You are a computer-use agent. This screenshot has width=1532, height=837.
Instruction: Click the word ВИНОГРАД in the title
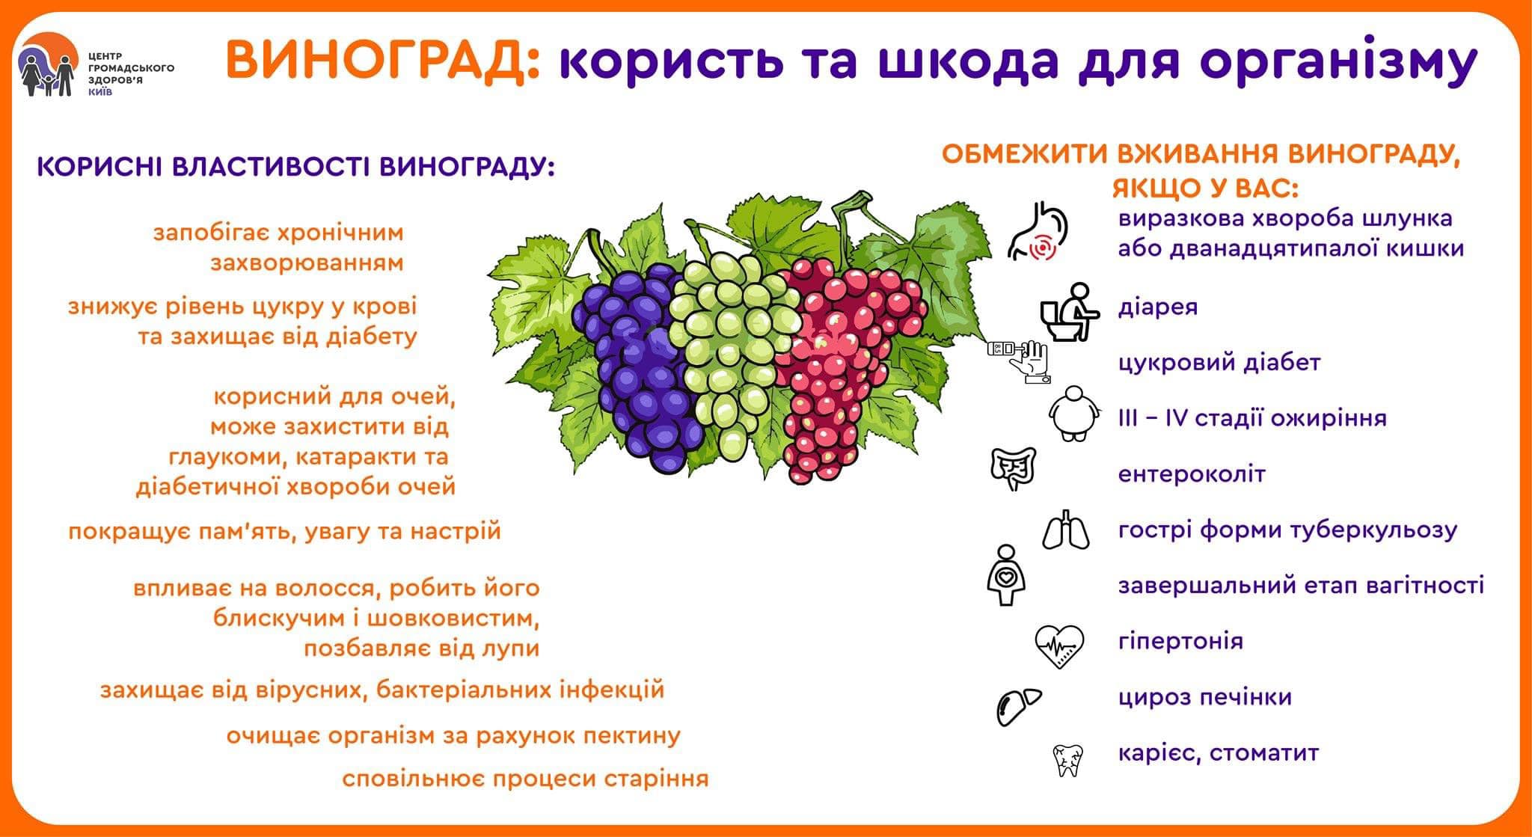(x=382, y=61)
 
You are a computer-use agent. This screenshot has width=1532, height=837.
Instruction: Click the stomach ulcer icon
(x=1038, y=232)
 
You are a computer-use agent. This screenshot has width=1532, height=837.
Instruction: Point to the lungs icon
(x=1065, y=530)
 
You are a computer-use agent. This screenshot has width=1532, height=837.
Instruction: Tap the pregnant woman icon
(x=1005, y=575)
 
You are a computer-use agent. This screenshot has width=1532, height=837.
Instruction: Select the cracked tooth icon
(x=1067, y=759)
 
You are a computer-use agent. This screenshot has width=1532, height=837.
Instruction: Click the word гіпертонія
(x=1180, y=641)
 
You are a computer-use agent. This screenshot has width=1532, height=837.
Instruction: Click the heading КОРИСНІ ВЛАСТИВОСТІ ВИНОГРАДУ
(x=296, y=167)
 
